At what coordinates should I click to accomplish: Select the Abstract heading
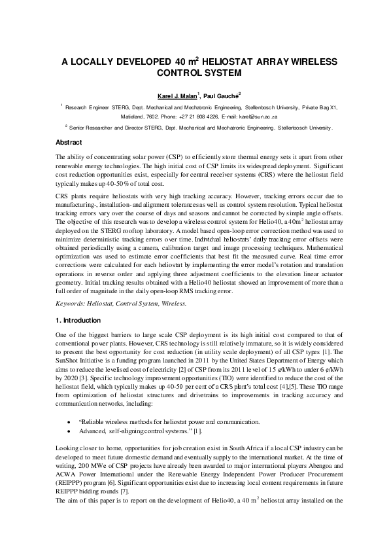coord(69,142)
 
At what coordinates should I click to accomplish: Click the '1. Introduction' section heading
coord(78,321)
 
